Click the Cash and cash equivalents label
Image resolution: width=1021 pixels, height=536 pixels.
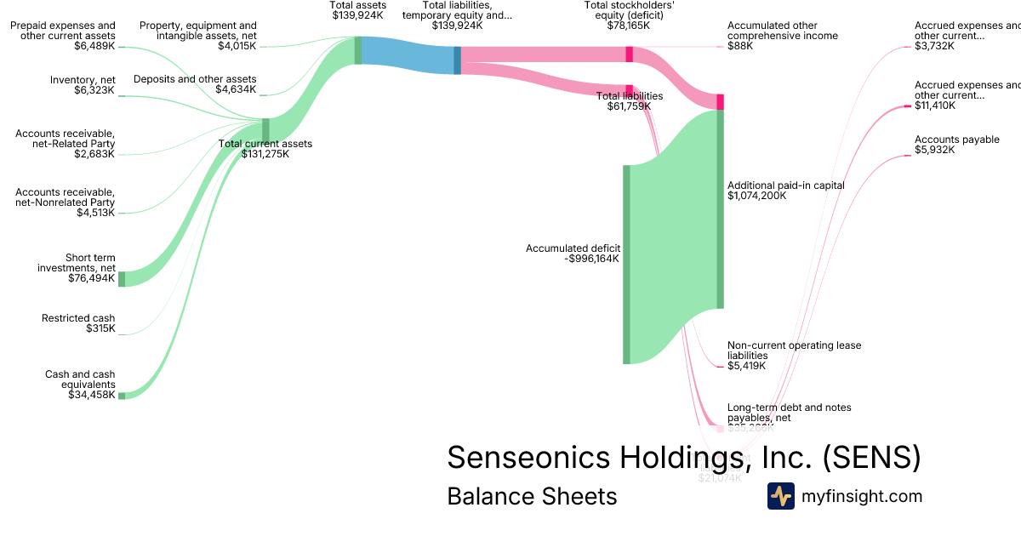pyautogui.click(x=80, y=385)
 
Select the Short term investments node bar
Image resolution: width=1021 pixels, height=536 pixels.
pyautogui.click(x=122, y=279)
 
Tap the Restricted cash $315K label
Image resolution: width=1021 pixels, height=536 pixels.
pyautogui.click(x=78, y=323)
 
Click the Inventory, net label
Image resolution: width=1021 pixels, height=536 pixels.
pyautogui.click(x=83, y=84)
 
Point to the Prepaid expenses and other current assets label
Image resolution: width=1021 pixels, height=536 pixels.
pyautogui.click(x=63, y=36)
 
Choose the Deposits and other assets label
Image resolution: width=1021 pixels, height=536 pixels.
pyautogui.click(x=195, y=84)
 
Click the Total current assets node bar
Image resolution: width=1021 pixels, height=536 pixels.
pyautogui.click(x=265, y=130)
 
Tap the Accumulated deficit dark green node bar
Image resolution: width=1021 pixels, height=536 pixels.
pyautogui.click(x=626, y=264)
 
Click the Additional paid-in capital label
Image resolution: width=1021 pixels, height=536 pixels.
pyautogui.click(x=785, y=191)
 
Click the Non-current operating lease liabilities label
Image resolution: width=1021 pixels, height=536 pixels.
pyautogui.click(x=794, y=356)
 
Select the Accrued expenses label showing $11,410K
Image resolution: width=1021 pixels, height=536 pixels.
pyautogui.click(x=967, y=95)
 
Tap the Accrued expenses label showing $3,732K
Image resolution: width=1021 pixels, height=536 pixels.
pyautogui.click(x=967, y=36)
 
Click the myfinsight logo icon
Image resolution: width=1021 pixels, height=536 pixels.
pyautogui.click(x=780, y=496)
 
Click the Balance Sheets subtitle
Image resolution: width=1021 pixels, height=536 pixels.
pyautogui.click(x=532, y=496)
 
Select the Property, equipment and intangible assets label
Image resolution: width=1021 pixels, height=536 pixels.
pyautogui.click(x=197, y=36)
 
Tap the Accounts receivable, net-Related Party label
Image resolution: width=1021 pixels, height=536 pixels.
pyautogui.click(x=66, y=144)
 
